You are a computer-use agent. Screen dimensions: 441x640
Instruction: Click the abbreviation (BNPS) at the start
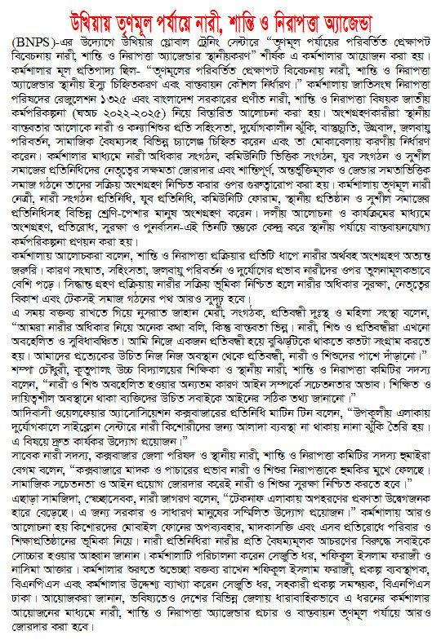click(x=33, y=39)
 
